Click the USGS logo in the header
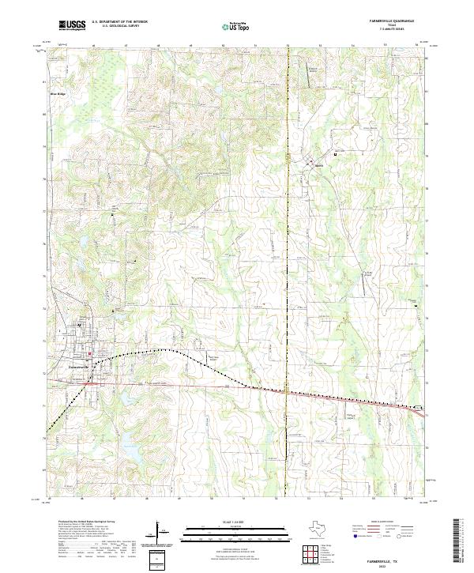pyautogui.click(x=73, y=25)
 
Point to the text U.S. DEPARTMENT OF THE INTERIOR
pyautogui.click(x=119, y=21)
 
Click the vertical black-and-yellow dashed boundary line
pyautogui.click(x=288, y=237)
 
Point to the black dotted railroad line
pyautogui.click(x=174, y=349)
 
